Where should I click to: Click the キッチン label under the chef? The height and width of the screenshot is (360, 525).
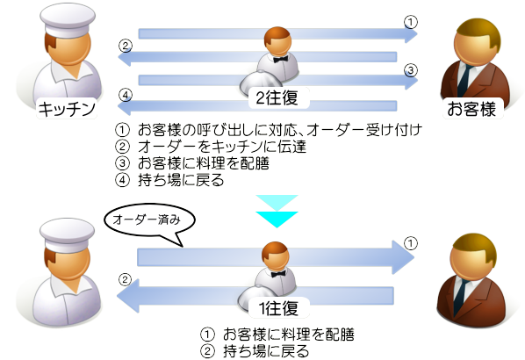click(67, 109)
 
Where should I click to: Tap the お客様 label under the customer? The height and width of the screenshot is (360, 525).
click(471, 109)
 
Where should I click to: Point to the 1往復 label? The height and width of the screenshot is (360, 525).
click(278, 308)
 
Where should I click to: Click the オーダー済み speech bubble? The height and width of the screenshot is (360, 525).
click(149, 221)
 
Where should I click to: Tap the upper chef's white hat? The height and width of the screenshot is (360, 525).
click(68, 19)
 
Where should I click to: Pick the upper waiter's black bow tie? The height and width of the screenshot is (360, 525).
click(281, 60)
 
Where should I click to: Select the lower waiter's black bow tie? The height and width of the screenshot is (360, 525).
click(278, 274)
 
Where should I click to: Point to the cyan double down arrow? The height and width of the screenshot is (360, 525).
click(277, 212)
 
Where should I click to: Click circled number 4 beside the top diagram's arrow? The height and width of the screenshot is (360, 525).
click(126, 96)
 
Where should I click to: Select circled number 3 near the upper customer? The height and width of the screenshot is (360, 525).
click(411, 70)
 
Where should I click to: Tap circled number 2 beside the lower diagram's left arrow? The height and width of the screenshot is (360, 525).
click(126, 279)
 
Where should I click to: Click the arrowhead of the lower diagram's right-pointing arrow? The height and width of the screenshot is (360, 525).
click(404, 257)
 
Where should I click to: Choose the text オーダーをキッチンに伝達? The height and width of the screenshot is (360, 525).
click(222, 147)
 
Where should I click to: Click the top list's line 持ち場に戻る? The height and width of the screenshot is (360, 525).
click(181, 180)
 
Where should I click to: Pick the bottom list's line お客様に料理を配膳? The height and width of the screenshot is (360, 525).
click(289, 335)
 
